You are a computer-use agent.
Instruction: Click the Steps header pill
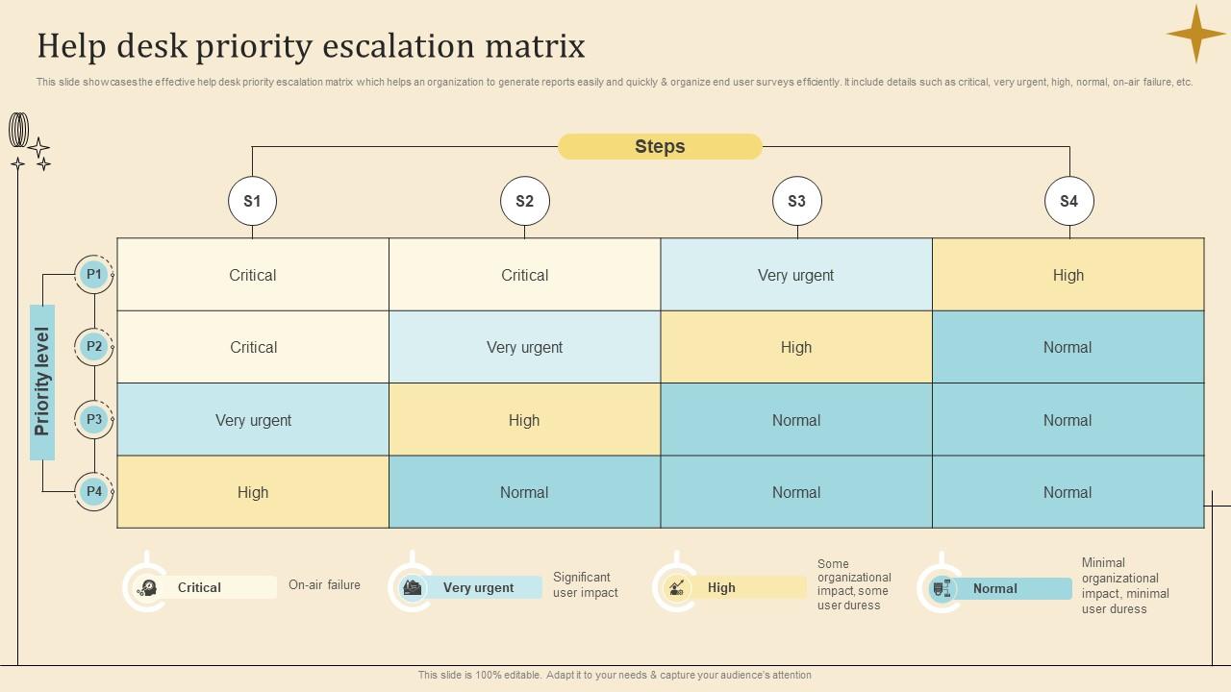tap(660, 146)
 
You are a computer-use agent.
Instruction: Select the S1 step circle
tap(252, 201)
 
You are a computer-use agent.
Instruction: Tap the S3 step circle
tap(796, 201)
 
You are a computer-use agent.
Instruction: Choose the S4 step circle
tap(1068, 201)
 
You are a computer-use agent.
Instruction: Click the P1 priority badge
tap(93, 275)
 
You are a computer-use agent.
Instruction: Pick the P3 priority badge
tap(93, 419)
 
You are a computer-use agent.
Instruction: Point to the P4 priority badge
tap(93, 491)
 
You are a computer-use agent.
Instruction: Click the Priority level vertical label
tap(42, 382)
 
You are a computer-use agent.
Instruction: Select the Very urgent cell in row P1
tap(795, 275)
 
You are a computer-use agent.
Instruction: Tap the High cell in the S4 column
tap(1068, 275)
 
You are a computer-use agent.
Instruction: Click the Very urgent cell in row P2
tap(524, 347)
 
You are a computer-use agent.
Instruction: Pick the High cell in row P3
tap(524, 420)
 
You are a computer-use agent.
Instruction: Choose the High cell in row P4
tap(253, 492)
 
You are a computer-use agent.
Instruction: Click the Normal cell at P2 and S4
tap(1068, 347)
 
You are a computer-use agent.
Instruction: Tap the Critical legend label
tap(199, 587)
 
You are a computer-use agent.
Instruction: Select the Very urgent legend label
tap(478, 587)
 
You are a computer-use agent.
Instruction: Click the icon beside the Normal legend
tap(942, 588)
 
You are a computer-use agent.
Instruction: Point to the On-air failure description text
tap(324, 584)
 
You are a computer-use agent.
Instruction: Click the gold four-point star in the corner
tap(1196, 34)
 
